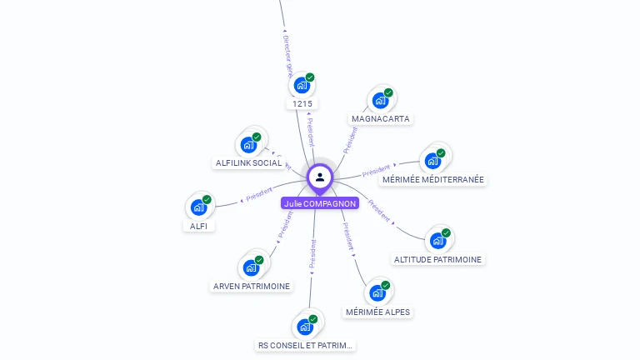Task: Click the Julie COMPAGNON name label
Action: pyautogui.click(x=320, y=203)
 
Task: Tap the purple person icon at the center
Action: pyautogui.click(x=320, y=177)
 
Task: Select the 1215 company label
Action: pyautogui.click(x=302, y=104)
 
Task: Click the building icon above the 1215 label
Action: pyautogui.click(x=302, y=85)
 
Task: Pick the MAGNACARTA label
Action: pyautogui.click(x=381, y=119)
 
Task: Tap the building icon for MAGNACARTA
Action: pyautogui.click(x=381, y=100)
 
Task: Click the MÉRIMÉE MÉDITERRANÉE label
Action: pyautogui.click(x=433, y=180)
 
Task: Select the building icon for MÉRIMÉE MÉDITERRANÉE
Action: pyautogui.click(x=433, y=160)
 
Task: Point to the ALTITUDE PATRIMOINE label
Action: pyautogui.click(x=437, y=259)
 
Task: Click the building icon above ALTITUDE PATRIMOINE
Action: pyautogui.click(x=438, y=240)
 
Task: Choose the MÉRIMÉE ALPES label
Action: pyautogui.click(x=377, y=312)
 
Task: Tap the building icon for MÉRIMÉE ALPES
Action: pyautogui.click(x=377, y=292)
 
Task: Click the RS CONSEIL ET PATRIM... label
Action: pyautogui.click(x=306, y=345)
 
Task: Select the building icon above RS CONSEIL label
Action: pyautogui.click(x=306, y=326)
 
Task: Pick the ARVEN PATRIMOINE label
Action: pyautogui.click(x=252, y=287)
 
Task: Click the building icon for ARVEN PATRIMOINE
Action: pyautogui.click(x=252, y=267)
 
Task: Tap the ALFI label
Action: pyautogui.click(x=199, y=226)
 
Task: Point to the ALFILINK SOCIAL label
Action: pyautogui.click(x=248, y=163)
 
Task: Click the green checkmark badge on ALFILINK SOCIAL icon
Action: pyautogui.click(x=257, y=137)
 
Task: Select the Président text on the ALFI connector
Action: pyautogui.click(x=258, y=195)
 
